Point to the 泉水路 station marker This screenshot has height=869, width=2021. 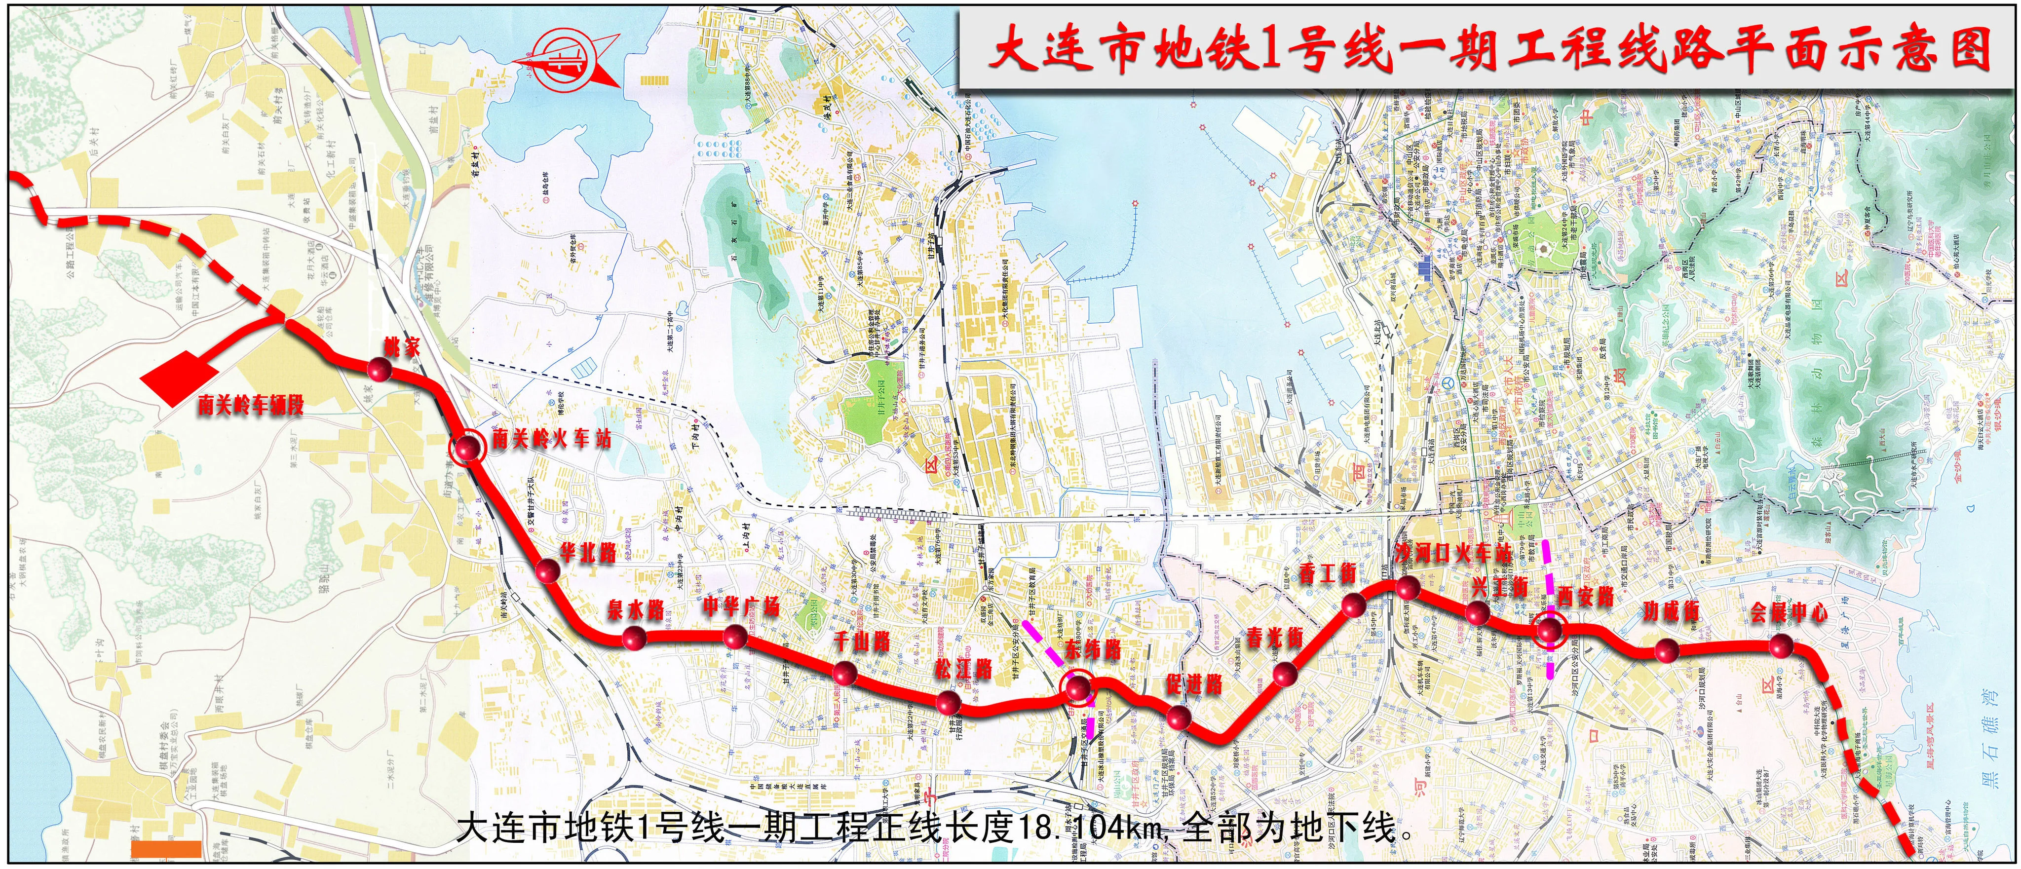tap(634, 638)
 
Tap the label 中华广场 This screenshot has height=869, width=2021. tap(741, 606)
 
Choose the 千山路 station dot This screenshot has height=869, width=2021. tap(844, 672)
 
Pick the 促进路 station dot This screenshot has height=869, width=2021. tap(1179, 717)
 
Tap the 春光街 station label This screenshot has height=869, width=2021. tap(1275, 638)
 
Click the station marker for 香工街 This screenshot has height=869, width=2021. tap(1353, 605)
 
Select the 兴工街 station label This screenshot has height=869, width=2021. tap(1498, 586)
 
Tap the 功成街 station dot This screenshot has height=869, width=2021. tap(1666, 650)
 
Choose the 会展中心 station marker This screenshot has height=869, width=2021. tap(1781, 645)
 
